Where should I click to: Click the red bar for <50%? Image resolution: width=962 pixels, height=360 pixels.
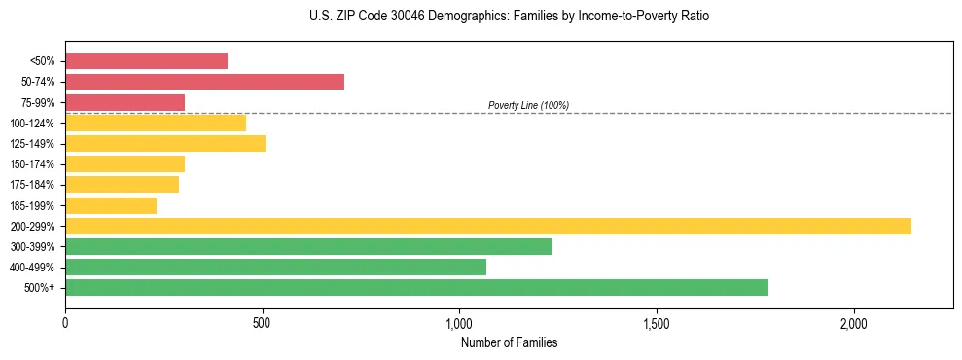(146, 61)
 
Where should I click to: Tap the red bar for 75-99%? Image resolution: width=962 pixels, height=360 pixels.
(125, 102)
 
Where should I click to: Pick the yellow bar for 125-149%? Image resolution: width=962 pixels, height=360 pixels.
(165, 144)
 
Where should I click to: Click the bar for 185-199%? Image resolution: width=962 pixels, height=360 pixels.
(111, 205)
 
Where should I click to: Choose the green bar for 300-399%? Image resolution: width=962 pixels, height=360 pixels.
(308, 246)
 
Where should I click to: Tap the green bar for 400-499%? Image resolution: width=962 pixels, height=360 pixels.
(275, 267)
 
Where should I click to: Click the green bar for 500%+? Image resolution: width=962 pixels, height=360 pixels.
(416, 287)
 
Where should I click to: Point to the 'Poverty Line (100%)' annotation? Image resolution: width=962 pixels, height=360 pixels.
(528, 105)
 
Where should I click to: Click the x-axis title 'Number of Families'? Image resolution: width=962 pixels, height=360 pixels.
(509, 342)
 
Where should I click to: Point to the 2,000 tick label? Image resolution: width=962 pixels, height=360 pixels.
(853, 323)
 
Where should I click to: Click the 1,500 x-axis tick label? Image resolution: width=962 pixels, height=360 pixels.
(657, 323)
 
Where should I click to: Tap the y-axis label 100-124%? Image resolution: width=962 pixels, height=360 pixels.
(32, 124)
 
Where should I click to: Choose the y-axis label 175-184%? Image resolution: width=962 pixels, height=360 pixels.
(32, 185)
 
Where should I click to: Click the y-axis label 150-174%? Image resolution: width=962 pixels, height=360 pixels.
(32, 164)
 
